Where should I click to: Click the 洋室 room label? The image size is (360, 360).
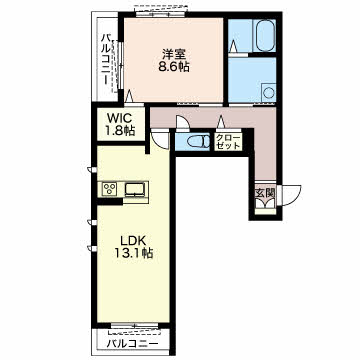click(x=174, y=53)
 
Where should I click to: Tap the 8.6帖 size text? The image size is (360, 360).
click(x=174, y=67)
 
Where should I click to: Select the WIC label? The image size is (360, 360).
click(x=120, y=118)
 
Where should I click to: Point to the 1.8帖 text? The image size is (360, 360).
click(x=120, y=131)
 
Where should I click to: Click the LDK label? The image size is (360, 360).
click(x=134, y=240)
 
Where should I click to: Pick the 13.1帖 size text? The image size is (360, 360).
click(x=134, y=254)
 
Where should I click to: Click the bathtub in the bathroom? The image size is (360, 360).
click(x=264, y=35)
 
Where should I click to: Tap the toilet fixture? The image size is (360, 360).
click(x=197, y=142)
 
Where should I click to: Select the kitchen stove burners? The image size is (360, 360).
click(x=109, y=190)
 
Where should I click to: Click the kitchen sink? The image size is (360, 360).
click(x=135, y=190)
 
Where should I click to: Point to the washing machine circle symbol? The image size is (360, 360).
click(x=268, y=92)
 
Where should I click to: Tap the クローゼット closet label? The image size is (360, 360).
click(x=228, y=141)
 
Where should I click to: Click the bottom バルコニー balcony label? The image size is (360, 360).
click(x=132, y=344)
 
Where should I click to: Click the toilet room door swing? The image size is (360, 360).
click(x=183, y=122)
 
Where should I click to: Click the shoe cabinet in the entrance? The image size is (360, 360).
click(x=266, y=211)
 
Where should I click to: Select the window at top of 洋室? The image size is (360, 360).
click(x=161, y=14)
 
